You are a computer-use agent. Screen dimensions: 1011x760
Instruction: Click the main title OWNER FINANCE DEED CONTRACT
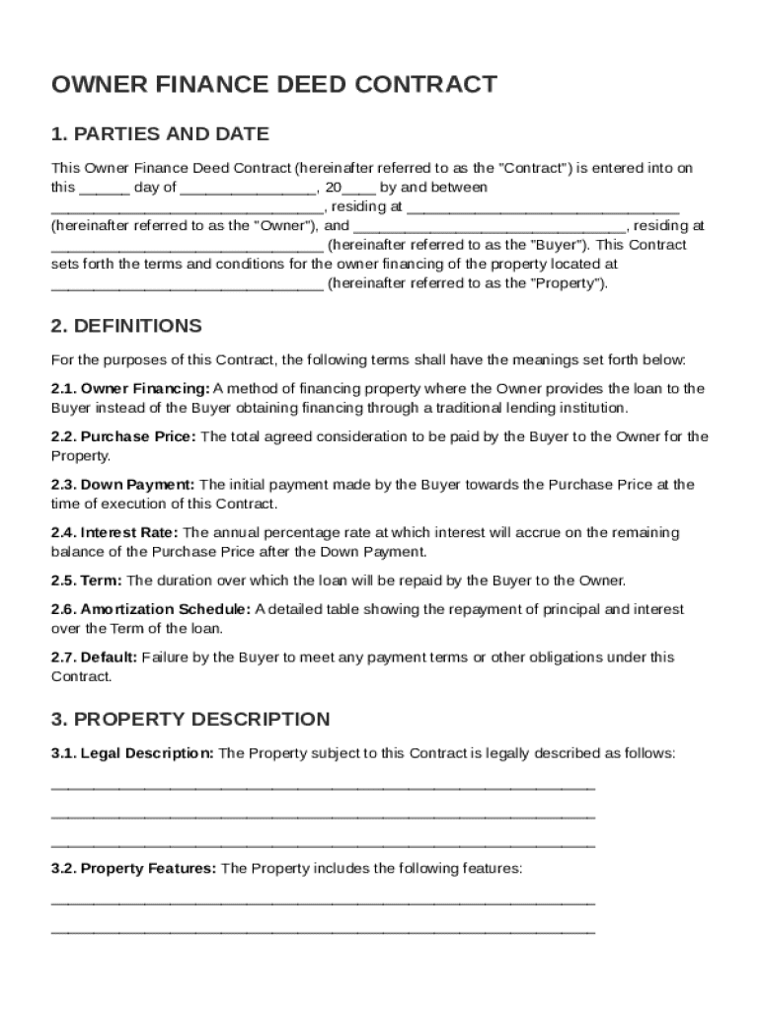(x=273, y=85)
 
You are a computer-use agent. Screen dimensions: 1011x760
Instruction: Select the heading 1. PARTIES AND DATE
(x=160, y=134)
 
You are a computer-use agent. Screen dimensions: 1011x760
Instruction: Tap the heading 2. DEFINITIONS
(x=126, y=326)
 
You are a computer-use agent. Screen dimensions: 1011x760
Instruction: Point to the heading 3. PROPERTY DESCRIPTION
(x=190, y=719)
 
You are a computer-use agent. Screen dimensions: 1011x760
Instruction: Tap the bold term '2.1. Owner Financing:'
(x=130, y=389)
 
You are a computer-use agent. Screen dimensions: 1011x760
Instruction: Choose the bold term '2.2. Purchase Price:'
(x=123, y=436)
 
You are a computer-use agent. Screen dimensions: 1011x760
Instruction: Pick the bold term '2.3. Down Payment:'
(x=123, y=485)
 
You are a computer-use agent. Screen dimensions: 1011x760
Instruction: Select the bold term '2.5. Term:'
(x=87, y=581)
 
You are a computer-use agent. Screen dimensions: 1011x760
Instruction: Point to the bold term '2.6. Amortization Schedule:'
(x=151, y=610)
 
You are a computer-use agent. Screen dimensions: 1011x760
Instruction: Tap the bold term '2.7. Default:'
(x=95, y=658)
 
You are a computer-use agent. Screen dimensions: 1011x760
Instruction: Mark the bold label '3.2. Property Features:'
(x=133, y=869)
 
